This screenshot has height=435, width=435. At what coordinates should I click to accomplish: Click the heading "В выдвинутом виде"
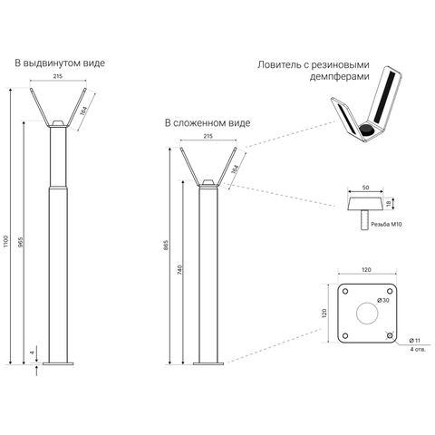pyautogui.click(x=60, y=63)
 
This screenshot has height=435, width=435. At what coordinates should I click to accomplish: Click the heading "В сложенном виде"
pyautogui.click(x=208, y=123)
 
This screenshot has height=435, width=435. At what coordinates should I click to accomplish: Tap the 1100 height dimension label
pyautogui.click(x=6, y=241)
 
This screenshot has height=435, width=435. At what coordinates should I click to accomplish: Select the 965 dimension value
pyautogui.click(x=20, y=242)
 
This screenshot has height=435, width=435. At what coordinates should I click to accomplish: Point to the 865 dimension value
pyautogui.click(x=166, y=246)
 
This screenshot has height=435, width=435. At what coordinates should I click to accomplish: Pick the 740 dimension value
pyautogui.click(x=179, y=270)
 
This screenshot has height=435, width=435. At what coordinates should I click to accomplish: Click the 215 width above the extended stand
pyautogui.click(x=58, y=76)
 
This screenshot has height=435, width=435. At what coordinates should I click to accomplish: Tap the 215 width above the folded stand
pyautogui.click(x=208, y=136)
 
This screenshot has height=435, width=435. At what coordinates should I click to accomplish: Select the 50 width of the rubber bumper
pyautogui.click(x=365, y=188)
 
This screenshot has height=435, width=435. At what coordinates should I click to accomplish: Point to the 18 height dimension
pyautogui.click(x=389, y=204)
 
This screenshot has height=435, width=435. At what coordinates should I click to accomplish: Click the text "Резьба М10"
pyautogui.click(x=386, y=224)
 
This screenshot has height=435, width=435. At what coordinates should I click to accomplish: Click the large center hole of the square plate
pyautogui.click(x=367, y=313)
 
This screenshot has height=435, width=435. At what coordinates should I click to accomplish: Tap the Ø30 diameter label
pyautogui.click(x=383, y=300)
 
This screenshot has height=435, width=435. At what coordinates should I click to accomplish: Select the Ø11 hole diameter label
pyautogui.click(x=414, y=341)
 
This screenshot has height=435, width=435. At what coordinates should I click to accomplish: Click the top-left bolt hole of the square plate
pyautogui.click(x=345, y=291)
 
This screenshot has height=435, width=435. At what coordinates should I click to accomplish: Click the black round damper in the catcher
pyautogui.click(x=366, y=130)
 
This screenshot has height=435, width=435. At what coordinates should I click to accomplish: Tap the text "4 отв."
pyautogui.click(x=418, y=350)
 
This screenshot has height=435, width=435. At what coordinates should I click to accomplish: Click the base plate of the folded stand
pyautogui.click(x=208, y=363)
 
